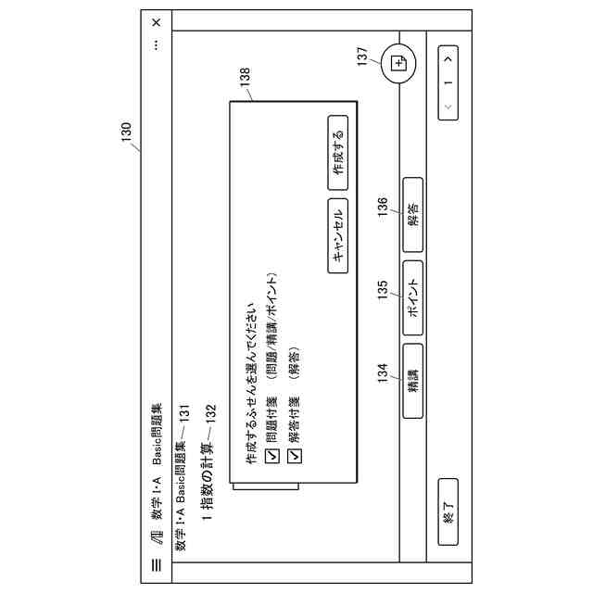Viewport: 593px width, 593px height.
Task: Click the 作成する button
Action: pos(339,146)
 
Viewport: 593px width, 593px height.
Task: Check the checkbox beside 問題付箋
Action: pos(271,455)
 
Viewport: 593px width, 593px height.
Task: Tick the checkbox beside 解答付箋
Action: pos(296,455)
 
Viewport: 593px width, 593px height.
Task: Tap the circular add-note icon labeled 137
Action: pos(399,63)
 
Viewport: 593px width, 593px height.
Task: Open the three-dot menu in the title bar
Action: pos(156,44)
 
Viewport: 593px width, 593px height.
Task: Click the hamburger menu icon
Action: pos(156,564)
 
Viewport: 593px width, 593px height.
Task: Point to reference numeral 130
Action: pos(127,134)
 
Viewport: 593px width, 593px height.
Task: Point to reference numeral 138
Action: pos(245,79)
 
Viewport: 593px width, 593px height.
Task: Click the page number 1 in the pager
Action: pos(449,82)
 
